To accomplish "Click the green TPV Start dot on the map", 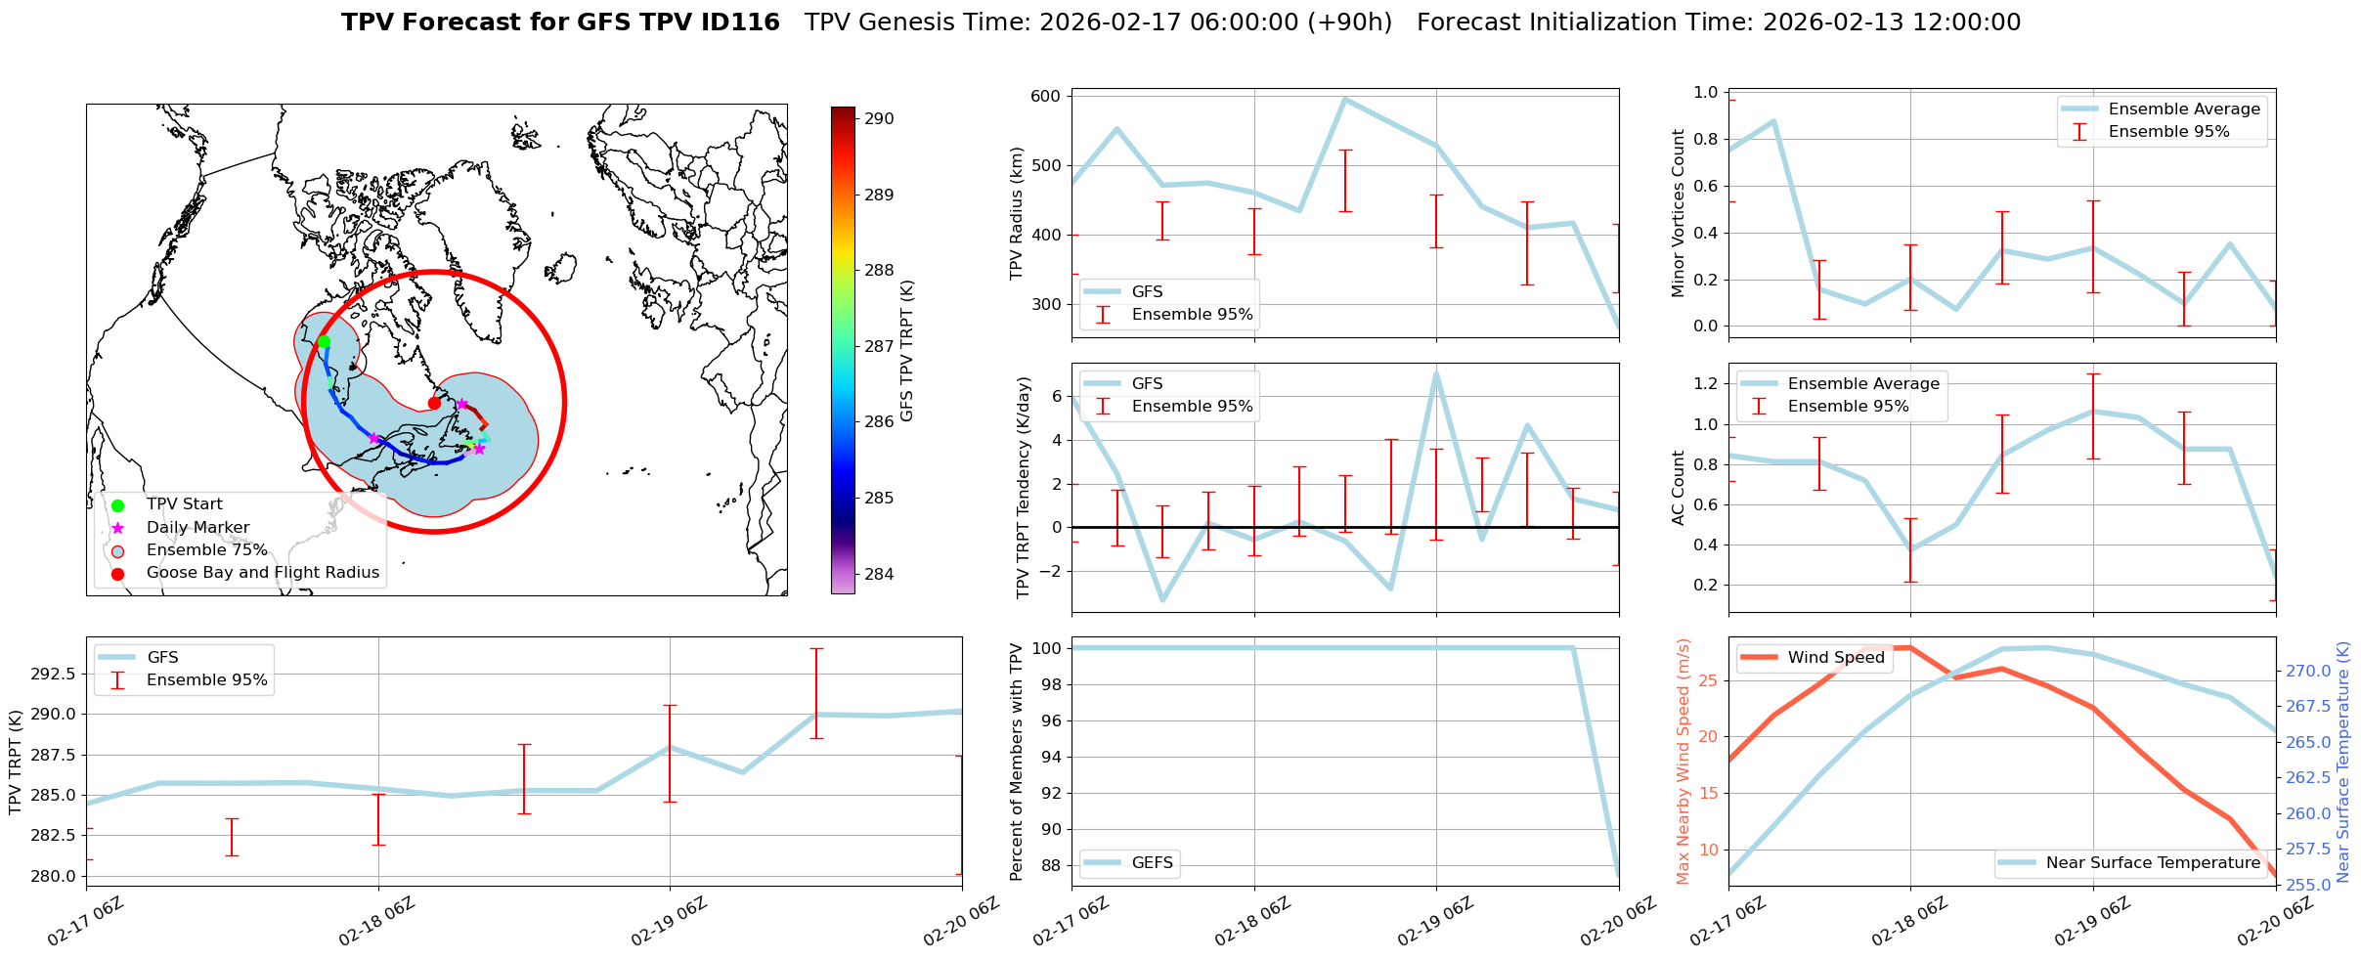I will point(324,342).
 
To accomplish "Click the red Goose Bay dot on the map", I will point(434,403).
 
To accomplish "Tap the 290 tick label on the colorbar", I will point(879,119).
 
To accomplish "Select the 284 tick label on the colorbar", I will point(879,574).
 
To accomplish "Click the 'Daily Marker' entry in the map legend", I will point(197,527).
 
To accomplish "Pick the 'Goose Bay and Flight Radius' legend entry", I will point(262,573).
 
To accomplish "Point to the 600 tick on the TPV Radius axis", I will point(1045,96).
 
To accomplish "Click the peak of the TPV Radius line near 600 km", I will point(1345,99).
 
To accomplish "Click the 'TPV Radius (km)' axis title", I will point(1017,213).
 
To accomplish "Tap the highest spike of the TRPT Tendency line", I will point(1436,372).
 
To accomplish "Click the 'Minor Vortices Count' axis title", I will point(1679,213).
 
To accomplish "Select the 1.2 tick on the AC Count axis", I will point(1705,383).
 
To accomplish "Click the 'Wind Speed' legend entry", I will point(1835,658).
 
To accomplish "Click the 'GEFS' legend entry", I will point(1152,863).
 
